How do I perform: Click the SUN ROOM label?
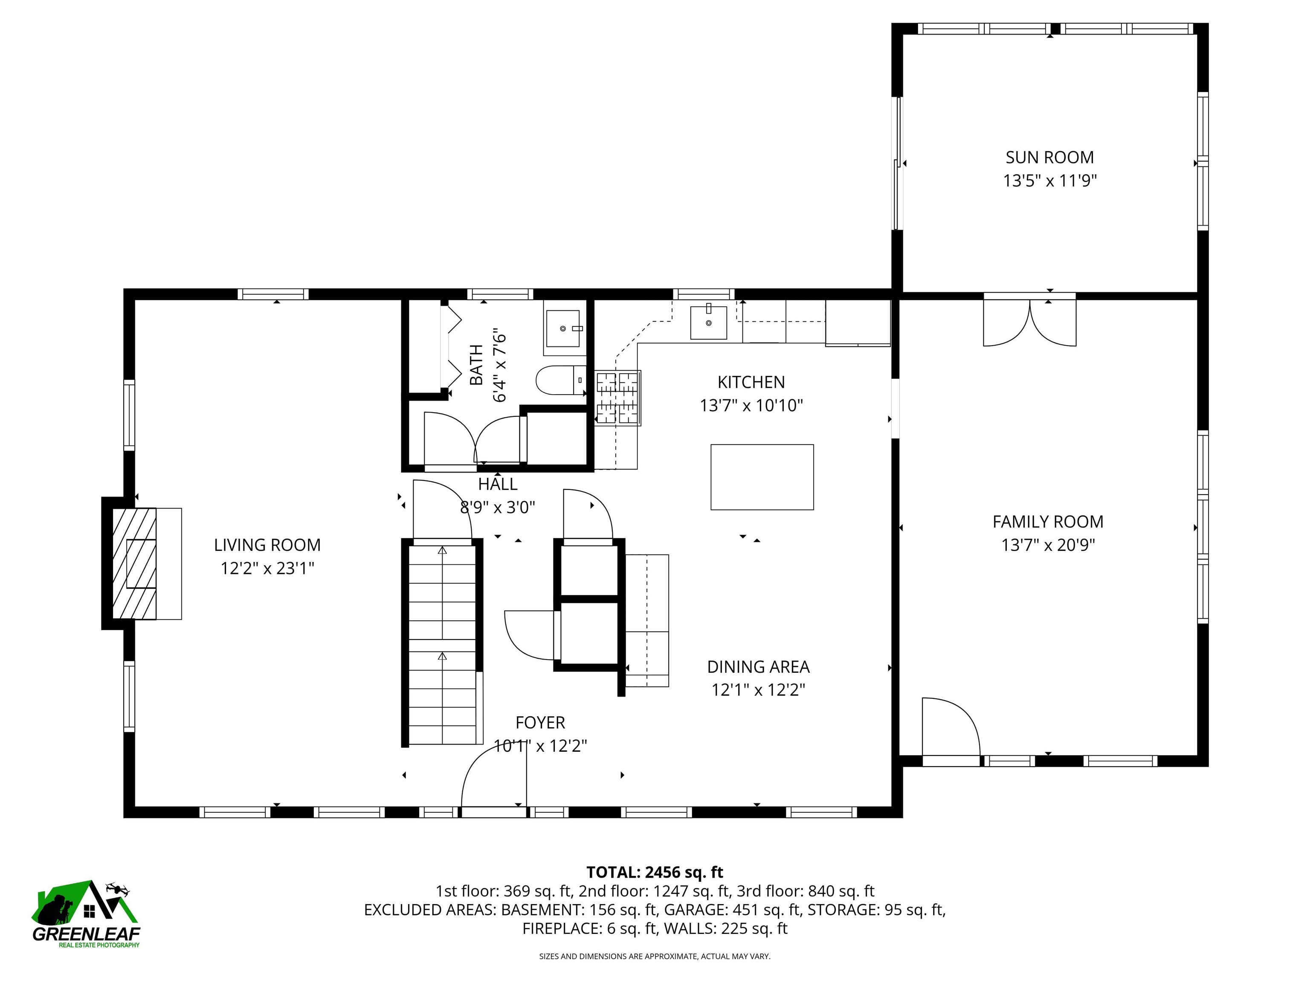(x=1049, y=157)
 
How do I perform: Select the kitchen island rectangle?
(x=762, y=477)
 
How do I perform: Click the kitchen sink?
(x=708, y=323)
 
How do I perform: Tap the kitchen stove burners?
(x=618, y=398)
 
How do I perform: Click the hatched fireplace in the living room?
(x=134, y=564)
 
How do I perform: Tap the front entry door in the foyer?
(x=494, y=776)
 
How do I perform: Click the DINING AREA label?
(x=758, y=667)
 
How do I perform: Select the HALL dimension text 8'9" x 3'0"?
(x=498, y=508)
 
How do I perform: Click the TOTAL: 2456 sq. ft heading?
(x=655, y=872)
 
